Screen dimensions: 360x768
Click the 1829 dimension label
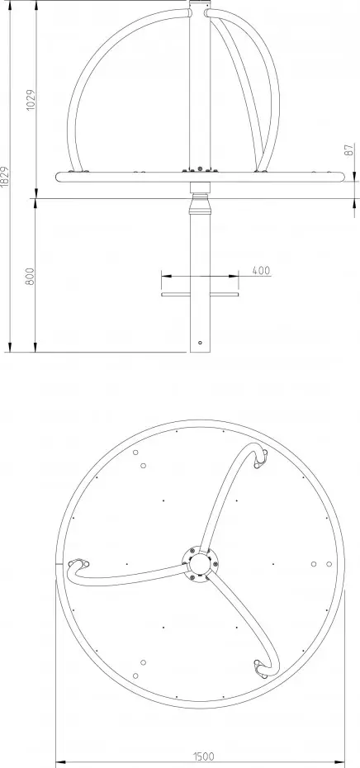[x=5, y=178]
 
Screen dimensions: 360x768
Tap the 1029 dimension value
[x=31, y=100]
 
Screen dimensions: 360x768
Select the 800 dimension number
[x=31, y=277]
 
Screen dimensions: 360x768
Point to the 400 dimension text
[x=261, y=270]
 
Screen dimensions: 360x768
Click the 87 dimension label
[x=349, y=149]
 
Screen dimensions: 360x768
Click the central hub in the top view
[x=200, y=563]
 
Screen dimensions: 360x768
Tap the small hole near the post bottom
[x=200, y=343]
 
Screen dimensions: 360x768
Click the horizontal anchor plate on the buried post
[x=200, y=294]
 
